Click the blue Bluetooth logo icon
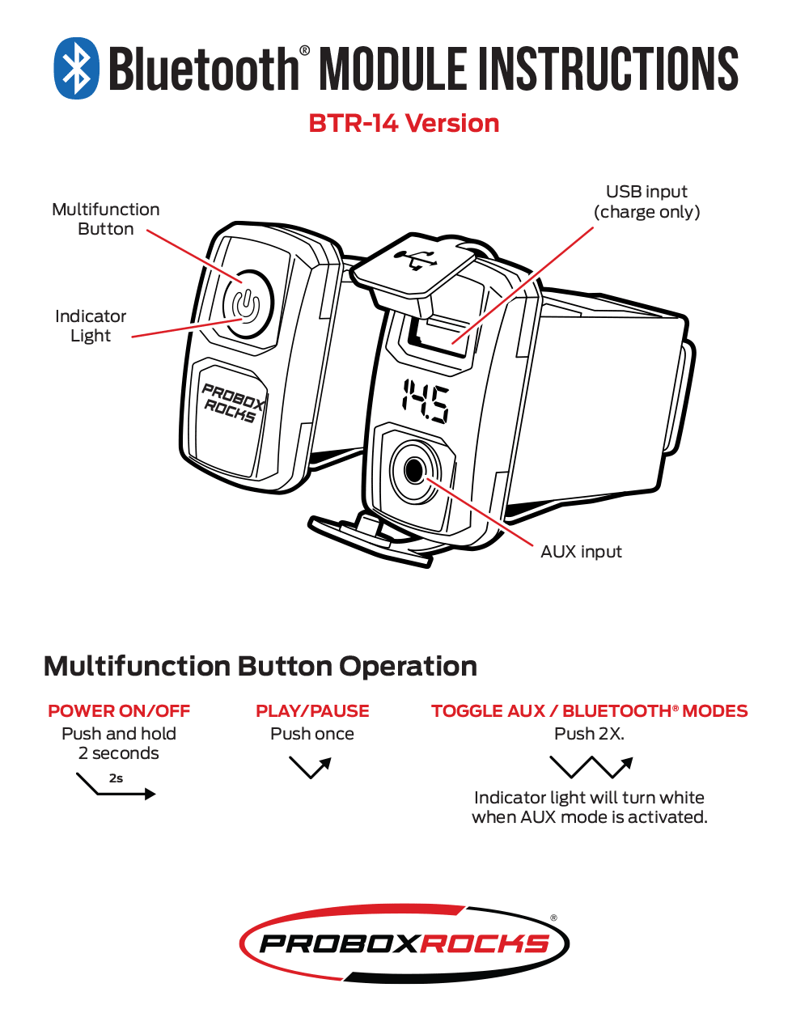(x=77, y=69)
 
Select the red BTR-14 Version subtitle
(x=404, y=123)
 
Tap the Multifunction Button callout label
(x=106, y=219)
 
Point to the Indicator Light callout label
(x=91, y=325)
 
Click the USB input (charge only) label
(x=646, y=201)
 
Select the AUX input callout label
(x=581, y=552)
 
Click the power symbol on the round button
(x=246, y=304)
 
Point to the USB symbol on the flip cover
(x=415, y=261)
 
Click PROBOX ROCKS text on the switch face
(x=232, y=402)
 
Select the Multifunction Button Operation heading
(x=260, y=666)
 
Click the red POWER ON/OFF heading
(x=119, y=711)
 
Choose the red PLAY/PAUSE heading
(x=312, y=711)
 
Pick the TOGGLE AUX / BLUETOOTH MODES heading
(x=589, y=711)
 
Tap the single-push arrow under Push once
(x=311, y=766)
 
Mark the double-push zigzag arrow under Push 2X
(x=591, y=766)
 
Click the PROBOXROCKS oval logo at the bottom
(x=404, y=943)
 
